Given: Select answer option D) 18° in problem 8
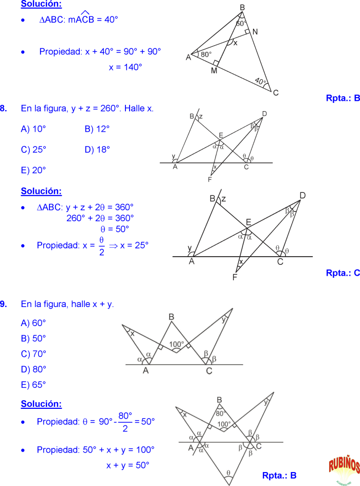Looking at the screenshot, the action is click(x=97, y=150).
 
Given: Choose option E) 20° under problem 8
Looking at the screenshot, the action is click(x=33, y=170).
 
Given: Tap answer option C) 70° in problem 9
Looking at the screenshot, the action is click(x=33, y=354).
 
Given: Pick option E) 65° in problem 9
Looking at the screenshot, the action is click(x=33, y=384).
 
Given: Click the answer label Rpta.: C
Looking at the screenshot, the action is click(x=343, y=273).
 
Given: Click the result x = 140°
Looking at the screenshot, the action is click(x=125, y=67).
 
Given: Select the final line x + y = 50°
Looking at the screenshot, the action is click(x=128, y=465).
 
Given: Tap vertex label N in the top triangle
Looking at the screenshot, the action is click(x=255, y=32).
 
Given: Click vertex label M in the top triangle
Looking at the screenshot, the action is click(x=214, y=70).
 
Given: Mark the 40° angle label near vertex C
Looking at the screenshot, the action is click(x=260, y=81).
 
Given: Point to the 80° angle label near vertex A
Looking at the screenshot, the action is click(x=206, y=54).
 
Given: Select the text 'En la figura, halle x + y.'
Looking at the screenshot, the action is click(x=67, y=304).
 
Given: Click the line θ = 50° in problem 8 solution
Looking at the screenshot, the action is click(x=114, y=229).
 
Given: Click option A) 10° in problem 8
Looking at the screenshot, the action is click(x=33, y=129).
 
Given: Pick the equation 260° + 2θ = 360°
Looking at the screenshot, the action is click(x=100, y=218).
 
